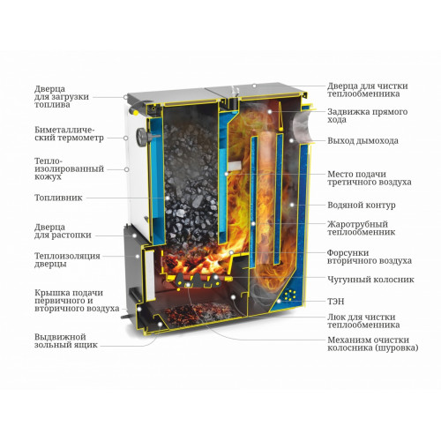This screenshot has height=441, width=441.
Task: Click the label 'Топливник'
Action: pos(58,198)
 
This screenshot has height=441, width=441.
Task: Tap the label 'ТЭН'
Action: pos(336,302)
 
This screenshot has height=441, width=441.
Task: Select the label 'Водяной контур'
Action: pos(362,205)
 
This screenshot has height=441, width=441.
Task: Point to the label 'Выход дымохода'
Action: pos(363,140)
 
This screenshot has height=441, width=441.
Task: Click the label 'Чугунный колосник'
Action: pos(370,279)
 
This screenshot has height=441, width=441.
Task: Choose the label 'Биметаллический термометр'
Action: pos(69,134)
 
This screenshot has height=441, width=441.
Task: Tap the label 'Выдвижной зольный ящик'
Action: pos(66,340)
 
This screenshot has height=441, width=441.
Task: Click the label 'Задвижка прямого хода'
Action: pos(368,116)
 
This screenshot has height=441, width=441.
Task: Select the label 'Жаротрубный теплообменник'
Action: pos(362,228)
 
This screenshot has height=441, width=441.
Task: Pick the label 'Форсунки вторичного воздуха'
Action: pos(370,257)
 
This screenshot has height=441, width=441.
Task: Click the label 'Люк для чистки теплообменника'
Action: pos(363,321)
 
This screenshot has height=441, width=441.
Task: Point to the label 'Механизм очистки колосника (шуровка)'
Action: pos(373,344)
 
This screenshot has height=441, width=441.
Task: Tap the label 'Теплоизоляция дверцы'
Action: pos(67,259)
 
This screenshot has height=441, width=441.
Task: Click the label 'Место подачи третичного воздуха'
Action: pos(370,178)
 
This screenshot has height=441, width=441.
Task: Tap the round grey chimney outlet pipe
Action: pos(302,125)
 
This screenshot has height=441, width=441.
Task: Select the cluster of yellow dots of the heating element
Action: pos(289,295)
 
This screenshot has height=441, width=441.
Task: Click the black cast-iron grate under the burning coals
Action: pos(198,280)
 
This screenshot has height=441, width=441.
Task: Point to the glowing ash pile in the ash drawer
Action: pos(200,313)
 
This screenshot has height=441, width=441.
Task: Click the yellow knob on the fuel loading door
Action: pos(135,113)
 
